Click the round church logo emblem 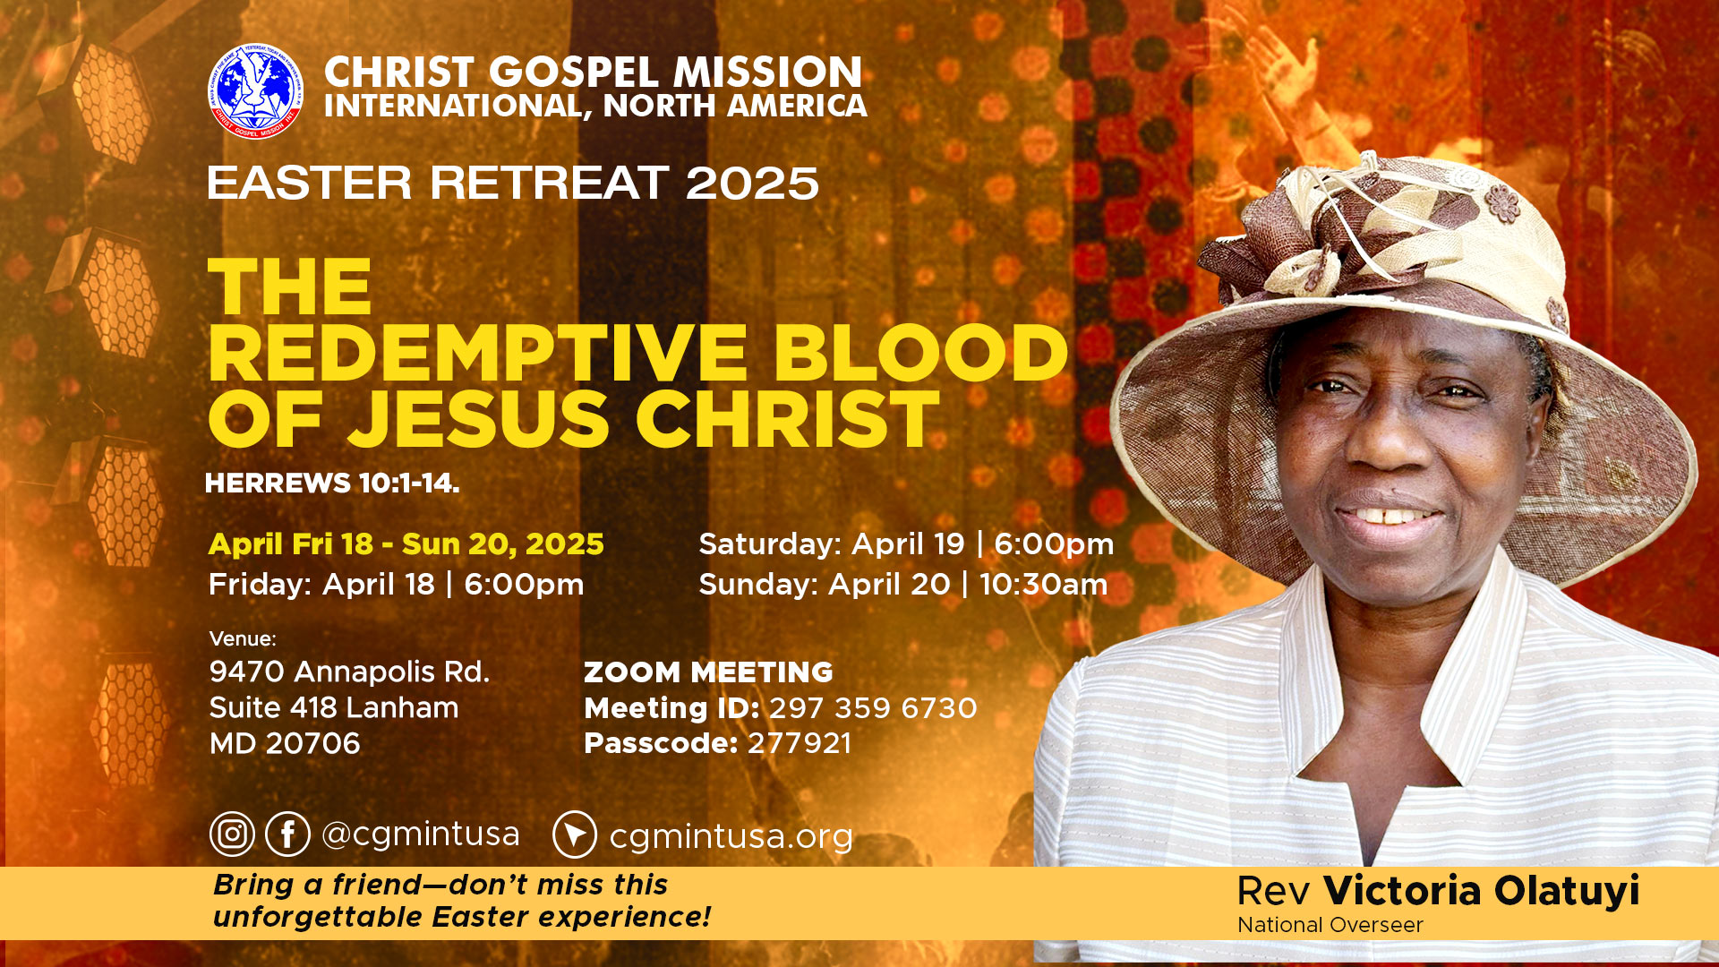255,91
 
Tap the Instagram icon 233,834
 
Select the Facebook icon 287,834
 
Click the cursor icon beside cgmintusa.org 575,834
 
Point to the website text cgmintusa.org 731,836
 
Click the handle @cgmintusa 420,834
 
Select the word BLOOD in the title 921,353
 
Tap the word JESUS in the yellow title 479,419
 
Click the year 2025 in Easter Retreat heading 752,184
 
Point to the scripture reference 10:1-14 408,483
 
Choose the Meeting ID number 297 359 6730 873,708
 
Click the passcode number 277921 800,743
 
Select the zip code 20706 312,743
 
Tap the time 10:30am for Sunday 1043,584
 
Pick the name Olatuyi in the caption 1567,891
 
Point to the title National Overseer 1330,925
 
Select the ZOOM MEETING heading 708,672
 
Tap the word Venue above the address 243,638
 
